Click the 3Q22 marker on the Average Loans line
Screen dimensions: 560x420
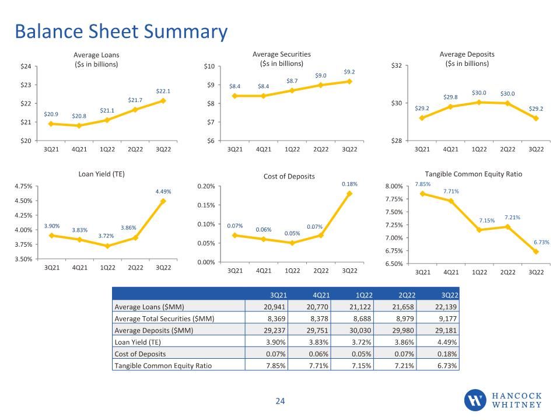(x=163, y=101)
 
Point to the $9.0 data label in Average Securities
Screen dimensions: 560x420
(x=321, y=76)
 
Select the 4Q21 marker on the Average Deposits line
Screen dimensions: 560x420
(x=450, y=106)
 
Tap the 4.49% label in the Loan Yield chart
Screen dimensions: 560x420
(x=163, y=192)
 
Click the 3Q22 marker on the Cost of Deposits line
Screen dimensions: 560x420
(x=349, y=194)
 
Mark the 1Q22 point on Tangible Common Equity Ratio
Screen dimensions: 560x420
(x=480, y=230)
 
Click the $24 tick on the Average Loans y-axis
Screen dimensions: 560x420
(x=26, y=66)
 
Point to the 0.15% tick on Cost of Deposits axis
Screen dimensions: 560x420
(x=206, y=205)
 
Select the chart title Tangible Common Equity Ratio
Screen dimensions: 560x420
(x=474, y=174)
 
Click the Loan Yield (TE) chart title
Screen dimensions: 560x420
(x=101, y=174)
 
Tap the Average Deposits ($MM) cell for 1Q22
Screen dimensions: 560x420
(x=360, y=330)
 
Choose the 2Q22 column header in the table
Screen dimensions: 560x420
(x=407, y=295)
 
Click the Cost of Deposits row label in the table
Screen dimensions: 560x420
(x=140, y=354)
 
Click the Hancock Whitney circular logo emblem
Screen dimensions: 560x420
(x=475, y=400)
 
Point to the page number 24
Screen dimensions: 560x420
(x=280, y=401)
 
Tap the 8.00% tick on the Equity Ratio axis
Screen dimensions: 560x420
(x=394, y=187)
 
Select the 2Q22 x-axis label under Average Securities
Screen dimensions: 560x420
(x=321, y=150)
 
